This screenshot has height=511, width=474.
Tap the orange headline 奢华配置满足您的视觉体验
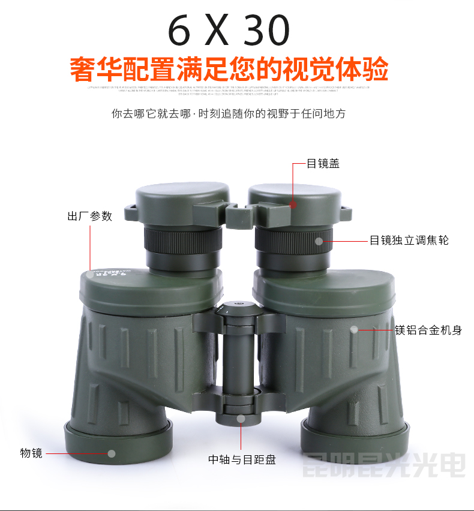pyautogui.click(x=229, y=69)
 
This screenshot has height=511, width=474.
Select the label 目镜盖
pyautogui.click(x=323, y=163)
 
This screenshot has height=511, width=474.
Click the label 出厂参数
pyautogui.click(x=89, y=216)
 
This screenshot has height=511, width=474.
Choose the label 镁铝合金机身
pyautogui.click(x=428, y=329)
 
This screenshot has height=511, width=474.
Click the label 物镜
pyautogui.click(x=31, y=453)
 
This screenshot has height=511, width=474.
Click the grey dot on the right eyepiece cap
pyautogui.click(x=293, y=204)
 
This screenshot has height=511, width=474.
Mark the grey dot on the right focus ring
pyautogui.click(x=320, y=241)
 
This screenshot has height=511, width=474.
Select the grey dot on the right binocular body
pyautogui.click(x=355, y=329)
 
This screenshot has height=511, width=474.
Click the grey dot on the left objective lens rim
pyautogui.click(x=112, y=453)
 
